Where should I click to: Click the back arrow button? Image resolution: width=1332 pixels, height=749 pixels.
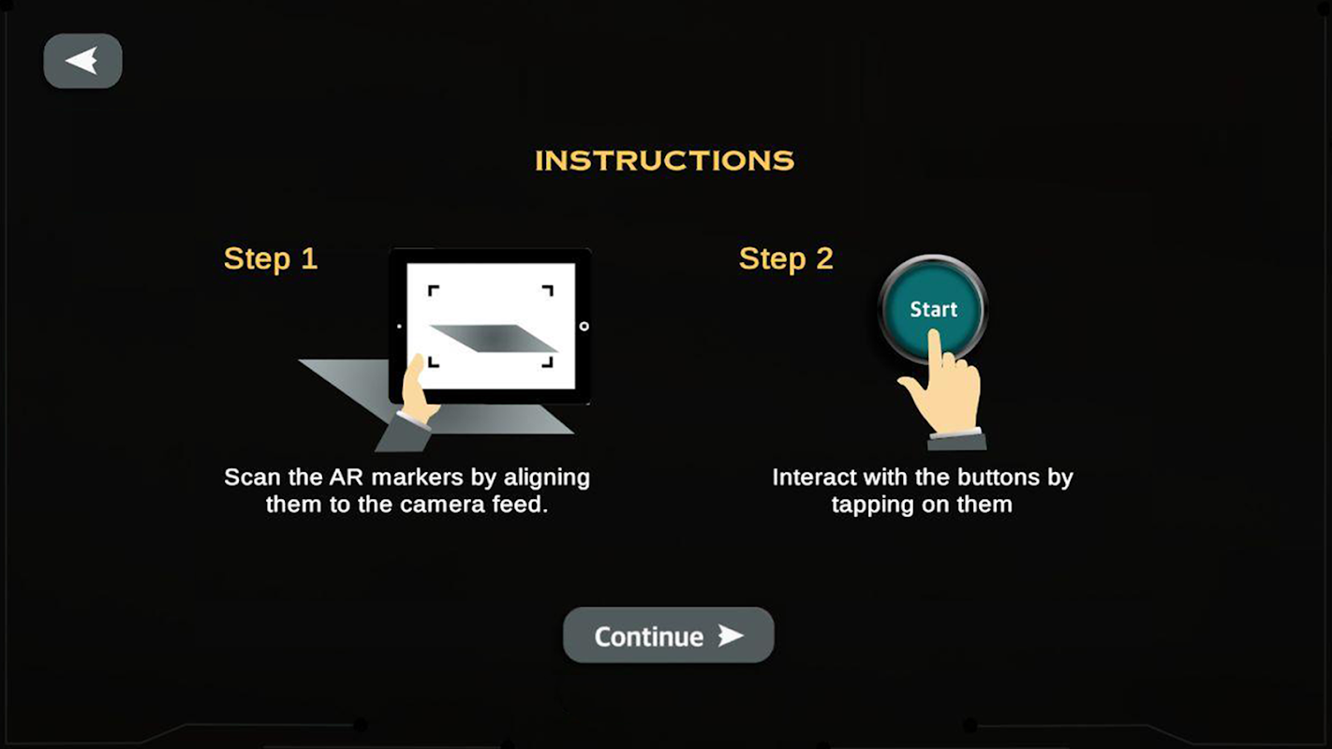click(82, 61)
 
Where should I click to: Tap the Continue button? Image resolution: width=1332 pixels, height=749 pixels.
click(669, 635)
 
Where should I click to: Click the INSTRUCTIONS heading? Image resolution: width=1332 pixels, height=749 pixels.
click(664, 160)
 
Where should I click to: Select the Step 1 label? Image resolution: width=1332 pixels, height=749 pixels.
click(271, 259)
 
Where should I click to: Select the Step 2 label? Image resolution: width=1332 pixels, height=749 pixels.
click(786, 259)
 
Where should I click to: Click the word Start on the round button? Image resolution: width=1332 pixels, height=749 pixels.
click(934, 309)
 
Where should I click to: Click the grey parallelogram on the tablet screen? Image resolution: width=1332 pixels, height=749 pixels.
click(494, 338)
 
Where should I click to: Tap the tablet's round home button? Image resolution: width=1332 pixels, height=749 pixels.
click(584, 327)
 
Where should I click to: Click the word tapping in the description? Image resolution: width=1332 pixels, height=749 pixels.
click(872, 506)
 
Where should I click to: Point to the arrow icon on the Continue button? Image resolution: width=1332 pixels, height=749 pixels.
click(731, 636)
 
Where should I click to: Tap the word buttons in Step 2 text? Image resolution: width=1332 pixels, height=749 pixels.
click(999, 477)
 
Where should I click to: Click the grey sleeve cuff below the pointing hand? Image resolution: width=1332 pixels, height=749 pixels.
click(956, 440)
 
